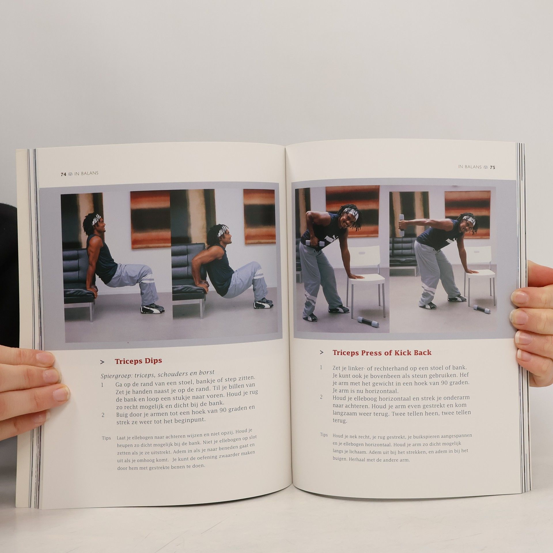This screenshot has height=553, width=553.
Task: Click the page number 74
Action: coord(63,174)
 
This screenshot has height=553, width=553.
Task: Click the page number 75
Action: coord(493,167)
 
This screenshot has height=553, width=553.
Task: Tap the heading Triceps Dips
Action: coord(138,361)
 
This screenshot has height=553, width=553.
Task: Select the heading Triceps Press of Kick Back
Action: coord(382,353)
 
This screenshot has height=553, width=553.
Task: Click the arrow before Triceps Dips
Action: coord(102,362)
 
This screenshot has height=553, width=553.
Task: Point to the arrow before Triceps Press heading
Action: coord(322,353)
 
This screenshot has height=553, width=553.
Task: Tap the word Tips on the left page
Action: coord(106,438)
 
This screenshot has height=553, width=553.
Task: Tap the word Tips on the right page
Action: coord(324,435)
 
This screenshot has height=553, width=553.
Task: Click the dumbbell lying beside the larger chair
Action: coord(368,322)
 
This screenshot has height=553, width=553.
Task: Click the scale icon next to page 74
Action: coord(71,174)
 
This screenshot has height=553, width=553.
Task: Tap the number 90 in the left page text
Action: coord(223,410)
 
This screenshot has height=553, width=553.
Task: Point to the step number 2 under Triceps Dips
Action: coord(103,415)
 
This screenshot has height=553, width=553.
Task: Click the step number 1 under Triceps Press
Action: coord(321,368)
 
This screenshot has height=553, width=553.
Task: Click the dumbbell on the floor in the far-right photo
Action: coord(482,309)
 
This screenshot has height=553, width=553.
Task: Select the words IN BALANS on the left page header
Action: coord(86,173)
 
